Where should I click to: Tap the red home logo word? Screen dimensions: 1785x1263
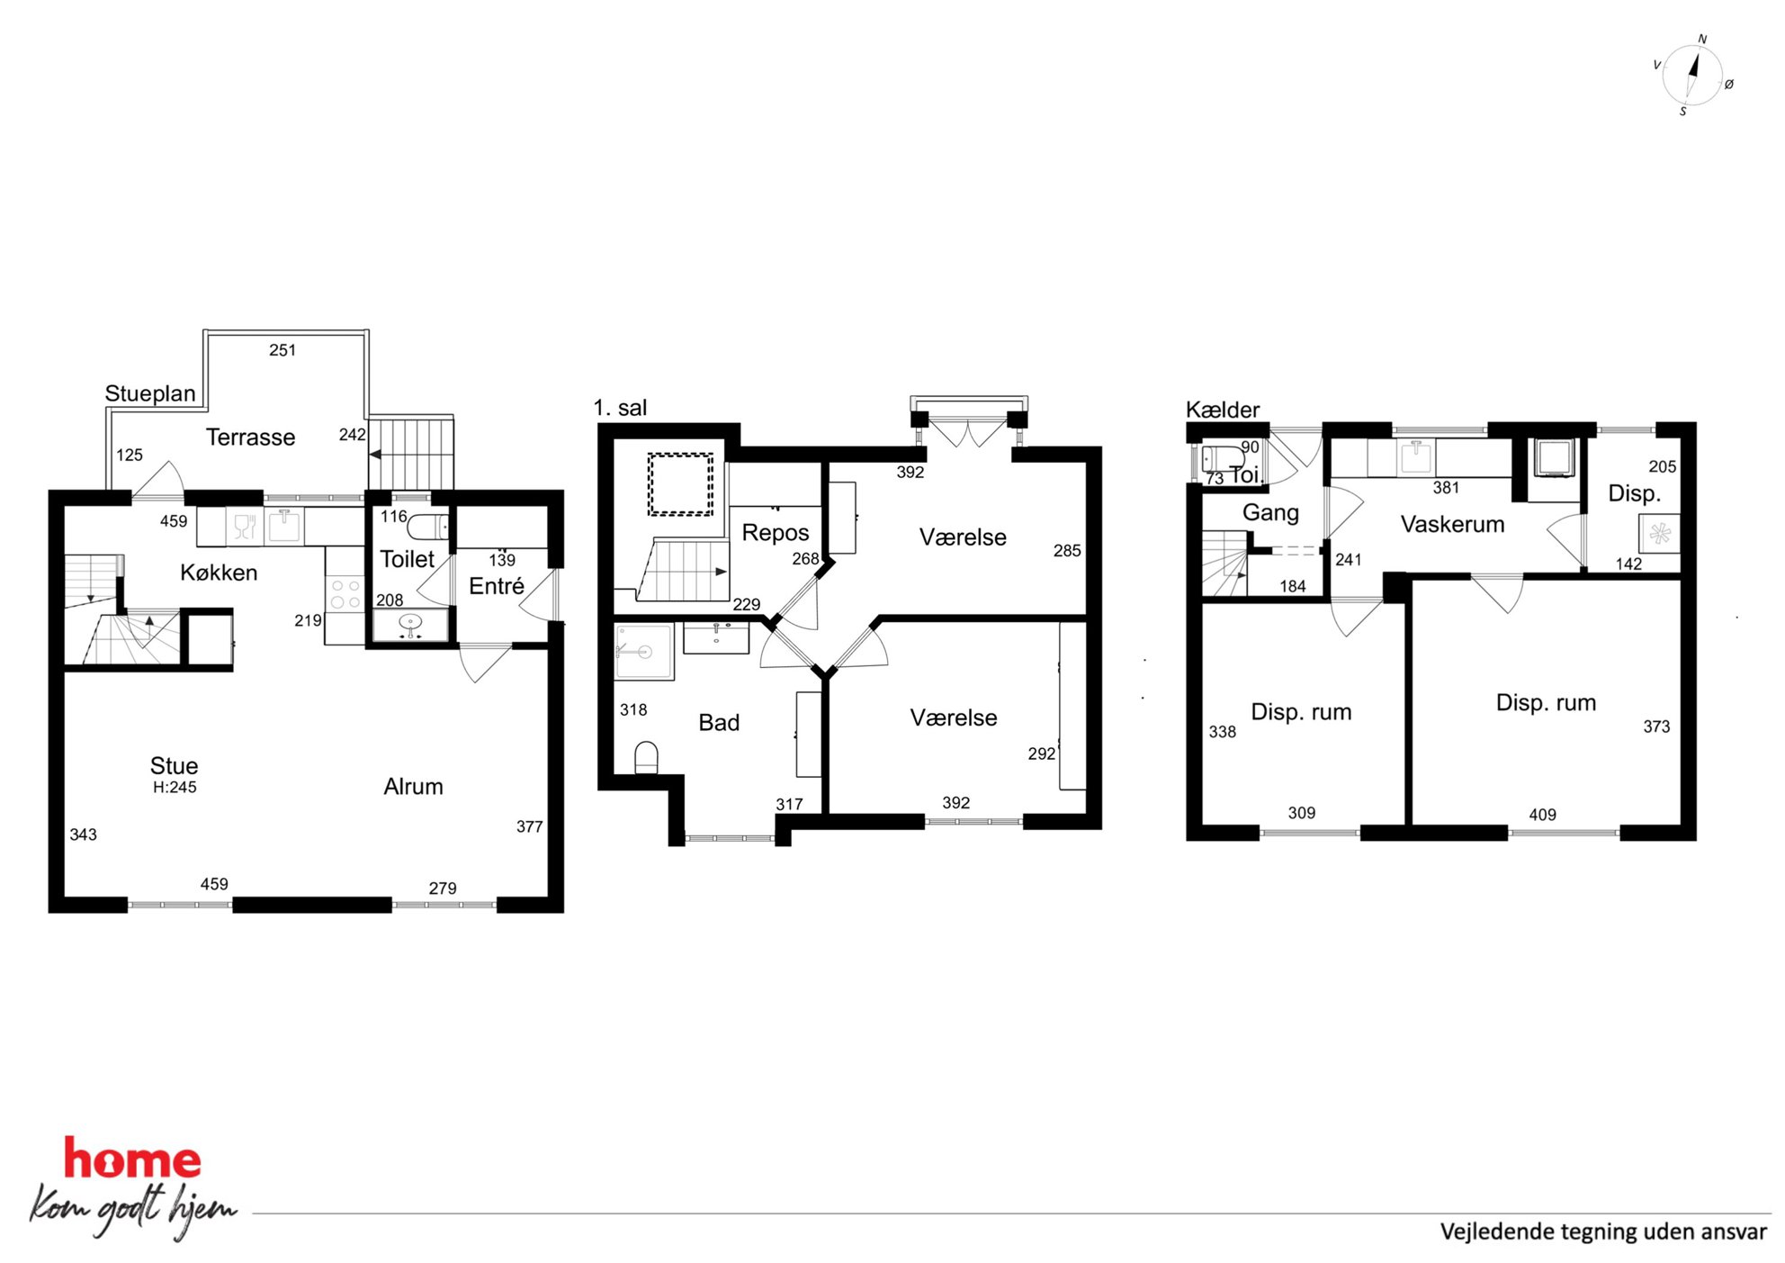(132, 1159)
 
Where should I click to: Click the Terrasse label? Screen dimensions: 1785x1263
(250, 438)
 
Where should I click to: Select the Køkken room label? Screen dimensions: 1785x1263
(219, 573)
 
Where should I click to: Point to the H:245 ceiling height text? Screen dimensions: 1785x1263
(175, 787)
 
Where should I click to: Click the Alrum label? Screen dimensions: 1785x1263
(413, 787)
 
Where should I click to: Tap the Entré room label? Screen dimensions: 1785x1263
(497, 586)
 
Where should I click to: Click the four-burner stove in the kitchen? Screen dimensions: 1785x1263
(345, 594)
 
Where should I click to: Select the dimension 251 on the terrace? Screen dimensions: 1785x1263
(283, 350)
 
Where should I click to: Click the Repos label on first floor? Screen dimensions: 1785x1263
(776, 533)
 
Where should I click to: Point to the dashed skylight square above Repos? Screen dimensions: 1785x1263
(680, 484)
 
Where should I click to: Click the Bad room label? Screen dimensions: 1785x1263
(719, 723)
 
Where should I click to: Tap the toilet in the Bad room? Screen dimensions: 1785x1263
(646, 758)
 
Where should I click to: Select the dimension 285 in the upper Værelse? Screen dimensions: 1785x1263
(1067, 551)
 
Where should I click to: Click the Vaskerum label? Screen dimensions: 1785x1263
(1452, 524)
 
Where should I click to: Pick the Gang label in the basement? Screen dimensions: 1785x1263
(1270, 513)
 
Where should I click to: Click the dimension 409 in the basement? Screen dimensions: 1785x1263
(1542, 815)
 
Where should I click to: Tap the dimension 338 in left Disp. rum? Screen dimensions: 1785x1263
(1222, 732)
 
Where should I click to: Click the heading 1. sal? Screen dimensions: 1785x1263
(620, 408)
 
